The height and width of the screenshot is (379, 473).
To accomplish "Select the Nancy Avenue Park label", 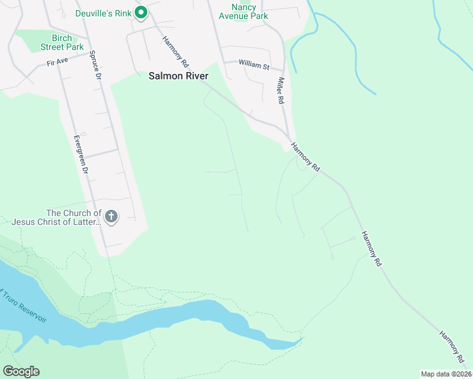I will click(x=243, y=11).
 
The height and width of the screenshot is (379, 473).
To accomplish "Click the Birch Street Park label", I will click(x=62, y=42).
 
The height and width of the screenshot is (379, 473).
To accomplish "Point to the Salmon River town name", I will click(x=178, y=75).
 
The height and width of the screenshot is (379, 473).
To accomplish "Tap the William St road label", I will click(x=254, y=64).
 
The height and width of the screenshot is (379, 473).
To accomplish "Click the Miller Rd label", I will click(x=279, y=91).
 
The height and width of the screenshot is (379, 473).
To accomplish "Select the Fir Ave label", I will click(x=57, y=63).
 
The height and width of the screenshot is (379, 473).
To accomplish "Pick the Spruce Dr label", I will click(x=96, y=64).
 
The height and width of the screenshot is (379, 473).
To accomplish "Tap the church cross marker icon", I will click(x=111, y=217).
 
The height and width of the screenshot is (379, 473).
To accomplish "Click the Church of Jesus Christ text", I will click(x=56, y=217).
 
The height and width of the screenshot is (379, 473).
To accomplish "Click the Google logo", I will click(x=21, y=371).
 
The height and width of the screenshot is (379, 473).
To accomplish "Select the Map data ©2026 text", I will click(x=445, y=374).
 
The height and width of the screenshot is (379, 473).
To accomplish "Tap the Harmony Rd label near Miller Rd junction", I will click(x=305, y=157).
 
